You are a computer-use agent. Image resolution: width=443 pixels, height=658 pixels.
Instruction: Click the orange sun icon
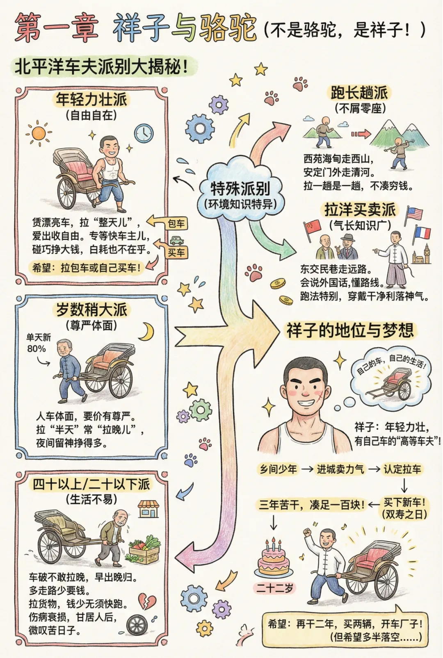pyautogui.click(x=39, y=133)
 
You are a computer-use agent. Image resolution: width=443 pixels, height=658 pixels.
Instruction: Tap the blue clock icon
pyautogui.click(x=144, y=133)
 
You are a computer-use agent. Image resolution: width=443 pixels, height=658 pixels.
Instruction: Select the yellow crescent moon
pyautogui.click(x=146, y=332)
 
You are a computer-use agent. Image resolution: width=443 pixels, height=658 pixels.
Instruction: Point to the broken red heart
pyautogui.click(x=147, y=601)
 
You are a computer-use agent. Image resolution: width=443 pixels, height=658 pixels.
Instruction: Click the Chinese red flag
pyautogui.click(x=313, y=228)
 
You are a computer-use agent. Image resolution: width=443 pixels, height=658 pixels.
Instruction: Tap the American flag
pyautogui.click(x=413, y=214)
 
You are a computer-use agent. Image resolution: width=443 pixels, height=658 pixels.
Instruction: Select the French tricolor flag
pyautogui.click(x=422, y=233)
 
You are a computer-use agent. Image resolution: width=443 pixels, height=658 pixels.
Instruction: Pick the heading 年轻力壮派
pyautogui.click(x=91, y=99)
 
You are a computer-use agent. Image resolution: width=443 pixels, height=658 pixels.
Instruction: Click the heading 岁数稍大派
pyautogui.click(x=91, y=309)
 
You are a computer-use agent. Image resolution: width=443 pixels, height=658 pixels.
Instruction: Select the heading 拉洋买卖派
pyautogui.click(x=360, y=210)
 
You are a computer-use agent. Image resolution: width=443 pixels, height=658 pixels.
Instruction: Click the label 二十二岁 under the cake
pyautogui.click(x=274, y=588)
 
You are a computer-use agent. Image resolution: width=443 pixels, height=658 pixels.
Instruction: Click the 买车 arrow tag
pyautogui.click(x=176, y=252)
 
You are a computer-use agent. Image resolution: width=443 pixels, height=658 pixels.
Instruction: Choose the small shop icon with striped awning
pyautogui.click(x=148, y=508)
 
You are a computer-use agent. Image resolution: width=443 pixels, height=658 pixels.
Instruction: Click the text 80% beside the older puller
pyautogui.click(x=37, y=348)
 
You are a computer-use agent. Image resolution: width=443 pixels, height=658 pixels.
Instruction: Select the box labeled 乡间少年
pyautogui.click(x=278, y=469)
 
